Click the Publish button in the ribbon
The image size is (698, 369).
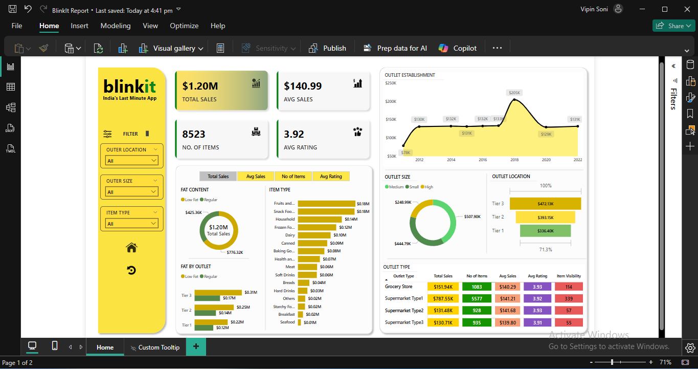328,48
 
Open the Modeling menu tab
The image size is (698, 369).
116,26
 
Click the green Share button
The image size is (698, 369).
673,26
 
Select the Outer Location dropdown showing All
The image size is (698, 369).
132,161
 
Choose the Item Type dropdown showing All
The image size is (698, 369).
132,224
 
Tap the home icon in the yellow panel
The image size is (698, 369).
131,248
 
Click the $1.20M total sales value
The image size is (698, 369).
200,86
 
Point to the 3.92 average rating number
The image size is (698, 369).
294,134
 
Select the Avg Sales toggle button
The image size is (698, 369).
256,177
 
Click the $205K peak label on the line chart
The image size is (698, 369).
514,93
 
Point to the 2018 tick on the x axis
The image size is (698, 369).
514,160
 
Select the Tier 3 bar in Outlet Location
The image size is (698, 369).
545,204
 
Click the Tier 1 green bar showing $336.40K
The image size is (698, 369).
545,231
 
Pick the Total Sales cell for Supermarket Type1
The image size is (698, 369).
443,298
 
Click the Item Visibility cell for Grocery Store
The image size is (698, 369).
569,287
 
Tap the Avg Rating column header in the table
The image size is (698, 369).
537,276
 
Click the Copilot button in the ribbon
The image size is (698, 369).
458,48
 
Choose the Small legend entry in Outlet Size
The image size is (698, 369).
414,187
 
